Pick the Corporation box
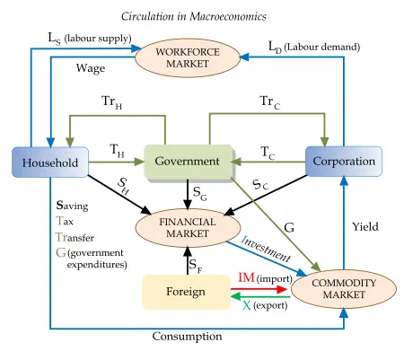point(343,162)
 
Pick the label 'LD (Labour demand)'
point(313,45)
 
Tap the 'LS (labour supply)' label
point(90,38)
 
